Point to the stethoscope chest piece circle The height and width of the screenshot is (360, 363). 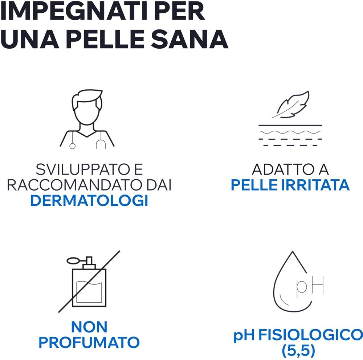click(x=73, y=146)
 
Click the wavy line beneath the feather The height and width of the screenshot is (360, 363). click(x=290, y=132)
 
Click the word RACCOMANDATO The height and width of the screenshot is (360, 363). click(x=74, y=185)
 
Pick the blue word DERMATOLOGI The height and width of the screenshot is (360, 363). click(x=89, y=200)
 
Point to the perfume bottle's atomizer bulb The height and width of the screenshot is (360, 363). click(x=73, y=261)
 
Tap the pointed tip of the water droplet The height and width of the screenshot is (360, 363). click(x=293, y=251)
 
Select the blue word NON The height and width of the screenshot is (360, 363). click(x=89, y=327)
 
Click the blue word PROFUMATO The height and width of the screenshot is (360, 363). click(x=89, y=343)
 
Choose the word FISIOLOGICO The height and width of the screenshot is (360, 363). click(x=310, y=335)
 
